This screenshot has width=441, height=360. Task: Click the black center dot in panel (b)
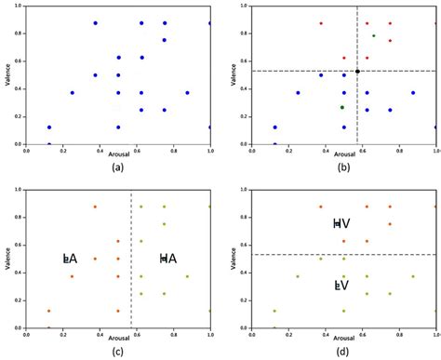357,71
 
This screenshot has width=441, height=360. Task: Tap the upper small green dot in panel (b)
374,36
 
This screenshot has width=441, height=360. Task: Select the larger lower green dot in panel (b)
342,107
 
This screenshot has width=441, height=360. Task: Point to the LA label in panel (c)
70,258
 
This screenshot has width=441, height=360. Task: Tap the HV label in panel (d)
341,224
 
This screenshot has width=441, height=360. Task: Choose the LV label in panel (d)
341,286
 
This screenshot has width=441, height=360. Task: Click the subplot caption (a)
115,167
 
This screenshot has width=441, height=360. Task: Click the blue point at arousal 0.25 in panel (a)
72,92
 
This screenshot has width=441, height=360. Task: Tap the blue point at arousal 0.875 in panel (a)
187,92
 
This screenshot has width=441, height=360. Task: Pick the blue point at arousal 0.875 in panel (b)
413,92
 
